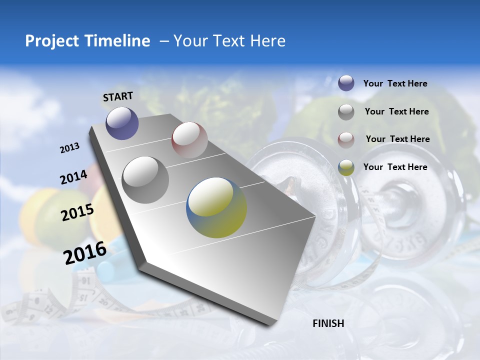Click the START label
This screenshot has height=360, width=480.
(118, 96)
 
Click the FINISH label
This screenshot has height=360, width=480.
(328, 323)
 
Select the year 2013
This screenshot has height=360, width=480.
(70, 148)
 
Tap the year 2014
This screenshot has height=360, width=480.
(73, 177)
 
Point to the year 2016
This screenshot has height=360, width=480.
(85, 252)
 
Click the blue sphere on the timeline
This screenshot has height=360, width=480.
(122, 123)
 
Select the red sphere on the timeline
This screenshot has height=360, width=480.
(189, 140)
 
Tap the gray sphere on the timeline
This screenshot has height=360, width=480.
(145, 179)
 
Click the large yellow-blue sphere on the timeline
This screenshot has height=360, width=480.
(216, 207)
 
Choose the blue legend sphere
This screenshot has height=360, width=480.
(346, 83)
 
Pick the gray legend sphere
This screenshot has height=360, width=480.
(346, 112)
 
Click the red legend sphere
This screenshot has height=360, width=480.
(346, 140)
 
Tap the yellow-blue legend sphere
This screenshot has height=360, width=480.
(346, 167)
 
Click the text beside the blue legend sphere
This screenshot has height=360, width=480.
(395, 84)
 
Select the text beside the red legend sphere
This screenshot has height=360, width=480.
(397, 139)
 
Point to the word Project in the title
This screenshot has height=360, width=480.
(51, 41)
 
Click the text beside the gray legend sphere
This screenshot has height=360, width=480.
(396, 111)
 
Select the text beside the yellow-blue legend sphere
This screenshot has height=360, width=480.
(395, 167)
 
